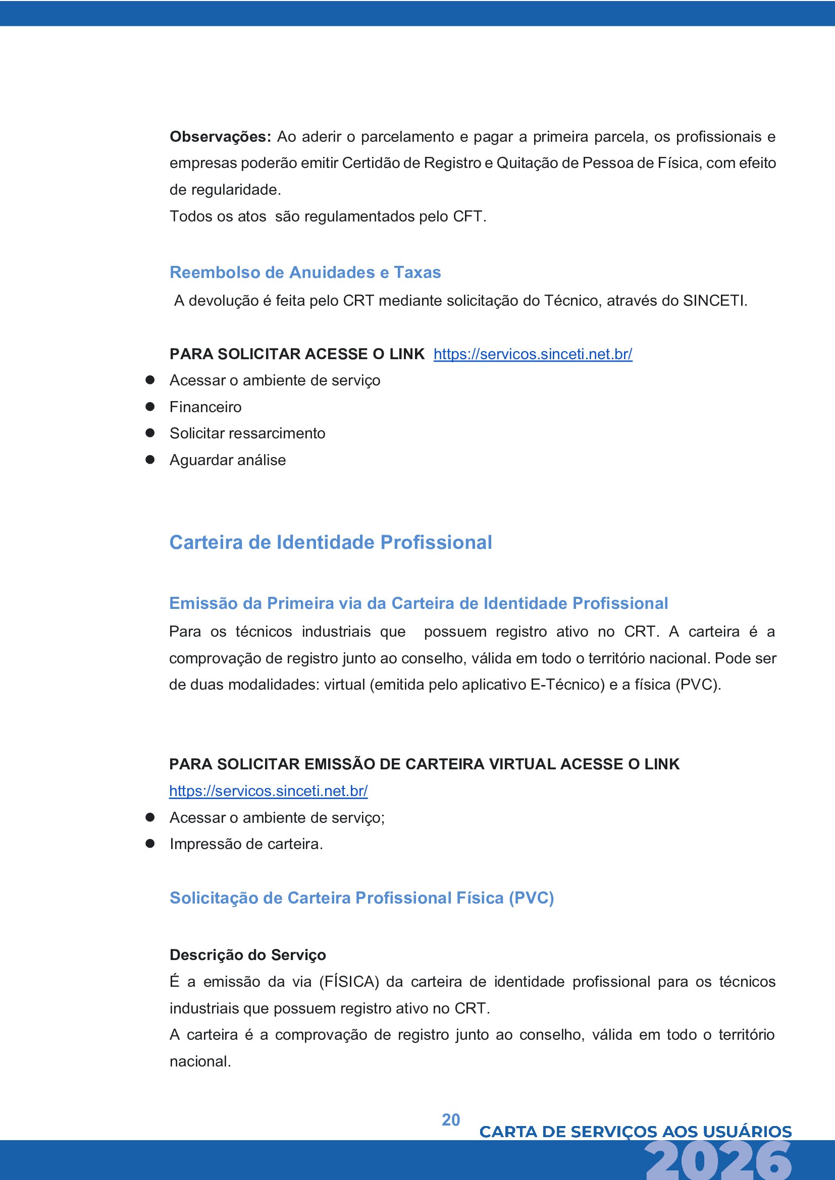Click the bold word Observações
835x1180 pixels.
(x=220, y=137)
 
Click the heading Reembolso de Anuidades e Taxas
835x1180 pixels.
(x=305, y=272)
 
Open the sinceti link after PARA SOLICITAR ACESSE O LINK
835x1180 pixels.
(x=533, y=354)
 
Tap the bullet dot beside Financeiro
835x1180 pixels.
(x=150, y=407)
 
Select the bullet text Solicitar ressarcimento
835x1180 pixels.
(x=247, y=433)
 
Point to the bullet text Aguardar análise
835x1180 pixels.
(x=228, y=460)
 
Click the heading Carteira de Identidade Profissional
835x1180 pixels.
(x=331, y=542)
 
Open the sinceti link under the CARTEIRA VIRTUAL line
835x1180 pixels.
(x=269, y=791)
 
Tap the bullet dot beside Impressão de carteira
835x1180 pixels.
(x=150, y=844)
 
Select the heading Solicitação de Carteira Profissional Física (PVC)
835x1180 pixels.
(x=361, y=898)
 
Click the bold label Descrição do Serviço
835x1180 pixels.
(x=248, y=955)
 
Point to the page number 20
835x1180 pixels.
(x=451, y=1120)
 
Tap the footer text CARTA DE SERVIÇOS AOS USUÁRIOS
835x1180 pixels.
(x=636, y=1132)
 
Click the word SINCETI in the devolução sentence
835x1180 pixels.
(x=714, y=301)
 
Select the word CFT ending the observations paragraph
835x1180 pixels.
(x=467, y=216)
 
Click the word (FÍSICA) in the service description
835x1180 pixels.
(x=349, y=982)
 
